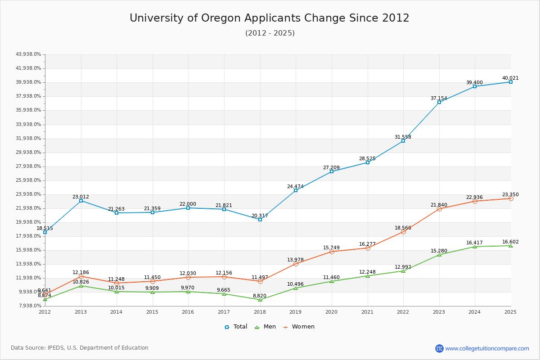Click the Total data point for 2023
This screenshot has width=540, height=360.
439,102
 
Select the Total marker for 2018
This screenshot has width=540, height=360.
260,220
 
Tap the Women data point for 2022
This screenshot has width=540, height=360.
403,232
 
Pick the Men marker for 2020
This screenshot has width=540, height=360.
332,281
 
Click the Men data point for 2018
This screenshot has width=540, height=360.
260,300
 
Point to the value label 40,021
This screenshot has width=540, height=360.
510,78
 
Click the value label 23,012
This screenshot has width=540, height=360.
81,197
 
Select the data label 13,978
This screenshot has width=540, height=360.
295,260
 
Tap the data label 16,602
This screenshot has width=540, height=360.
510,242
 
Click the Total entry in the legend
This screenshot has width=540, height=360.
236,327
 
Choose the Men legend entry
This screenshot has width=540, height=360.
266,327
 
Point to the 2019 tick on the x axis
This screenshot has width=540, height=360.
295,312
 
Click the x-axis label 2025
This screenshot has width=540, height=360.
510,312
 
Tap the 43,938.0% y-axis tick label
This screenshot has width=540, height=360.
28,54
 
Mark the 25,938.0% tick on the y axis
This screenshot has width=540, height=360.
28,180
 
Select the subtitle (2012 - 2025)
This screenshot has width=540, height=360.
270,33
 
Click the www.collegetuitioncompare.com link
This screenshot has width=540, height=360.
487,348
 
